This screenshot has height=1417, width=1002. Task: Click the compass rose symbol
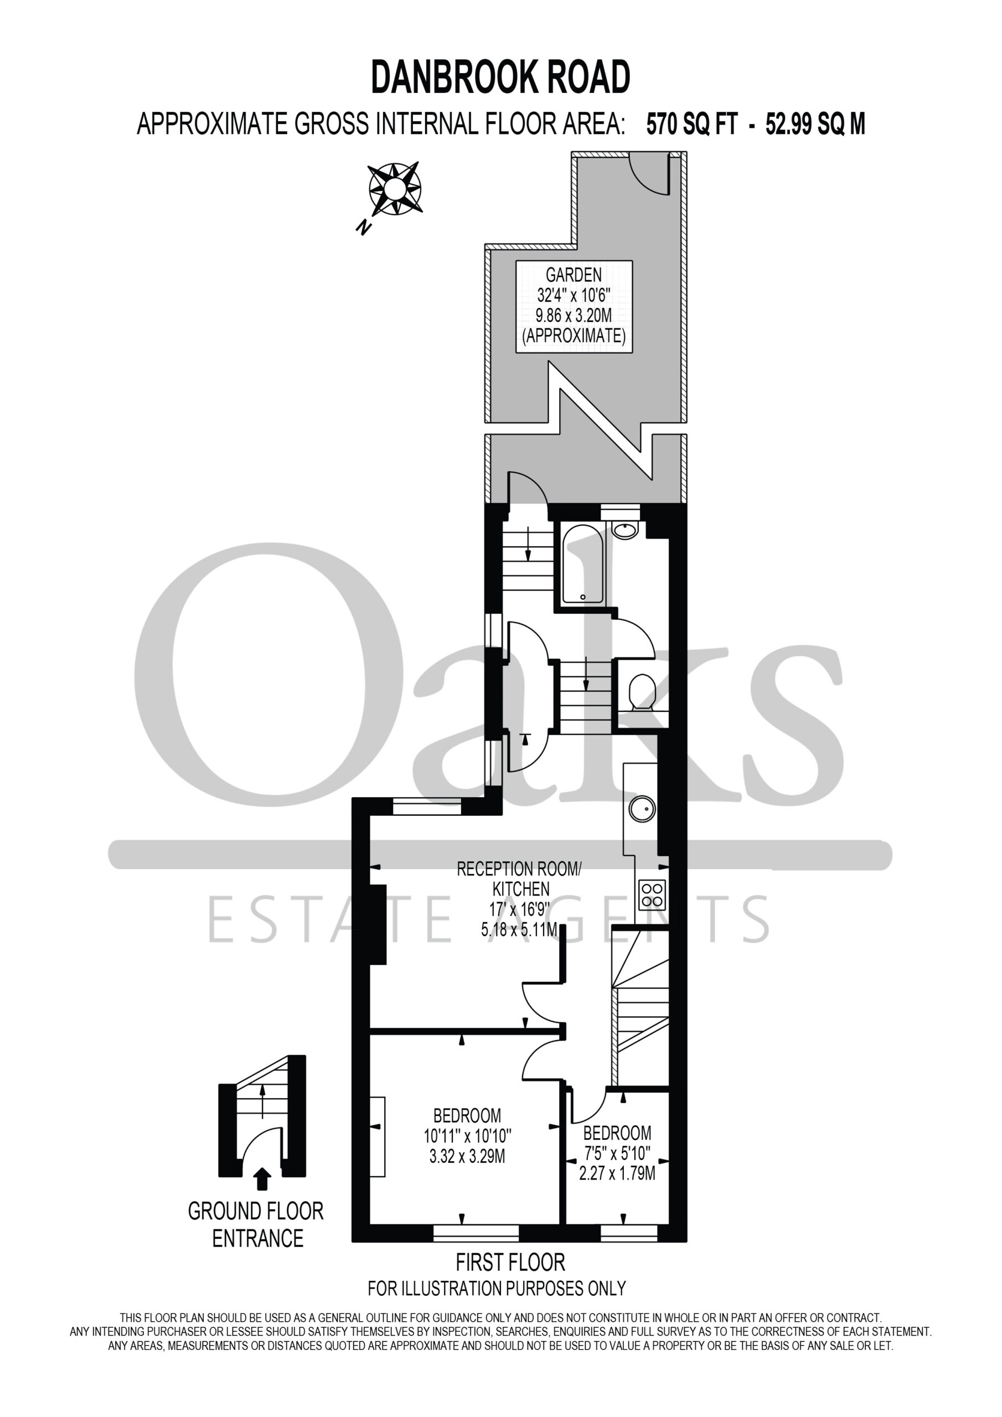[x=395, y=188]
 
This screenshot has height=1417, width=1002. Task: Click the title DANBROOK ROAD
[x=500, y=77]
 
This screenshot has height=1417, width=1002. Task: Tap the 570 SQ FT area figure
[x=691, y=125]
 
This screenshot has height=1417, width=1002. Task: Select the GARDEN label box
[x=574, y=307]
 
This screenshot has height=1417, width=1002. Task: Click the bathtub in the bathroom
[x=583, y=564]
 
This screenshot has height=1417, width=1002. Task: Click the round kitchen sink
[x=642, y=809]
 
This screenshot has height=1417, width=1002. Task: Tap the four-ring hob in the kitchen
[x=652, y=895]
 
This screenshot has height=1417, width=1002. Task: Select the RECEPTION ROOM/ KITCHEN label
[x=519, y=879]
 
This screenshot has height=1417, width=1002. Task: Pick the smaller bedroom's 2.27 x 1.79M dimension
[x=617, y=1173]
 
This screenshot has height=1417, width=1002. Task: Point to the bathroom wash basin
[x=626, y=530]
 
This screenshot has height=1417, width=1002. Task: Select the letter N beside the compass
[x=364, y=227]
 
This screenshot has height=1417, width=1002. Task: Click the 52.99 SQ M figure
[x=815, y=125]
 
